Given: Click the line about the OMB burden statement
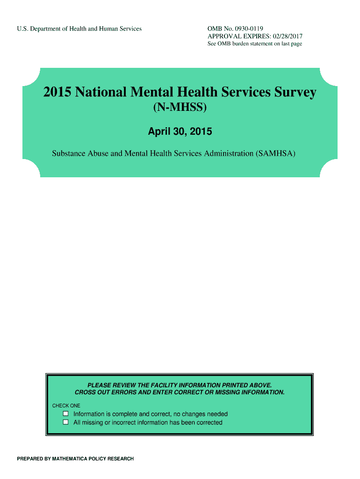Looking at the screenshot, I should [x=255, y=44].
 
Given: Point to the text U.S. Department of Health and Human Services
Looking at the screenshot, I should [x=79, y=29].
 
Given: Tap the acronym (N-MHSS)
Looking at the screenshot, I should [x=180, y=109].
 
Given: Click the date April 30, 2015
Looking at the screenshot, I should [x=180, y=132].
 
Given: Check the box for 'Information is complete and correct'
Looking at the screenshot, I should [x=66, y=414].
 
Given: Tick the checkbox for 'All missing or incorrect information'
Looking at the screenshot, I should [x=66, y=422].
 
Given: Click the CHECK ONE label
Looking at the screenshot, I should [x=66, y=406].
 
